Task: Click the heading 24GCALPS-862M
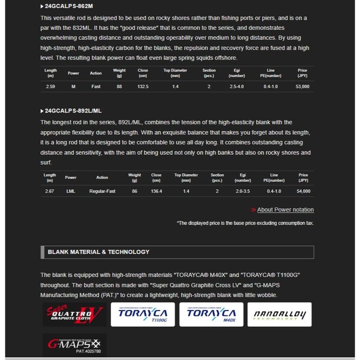[x=68, y=6]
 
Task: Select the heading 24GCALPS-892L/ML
[x=73, y=111]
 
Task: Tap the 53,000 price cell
[x=302, y=86]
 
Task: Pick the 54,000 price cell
[x=303, y=191]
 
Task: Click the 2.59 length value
[x=50, y=86]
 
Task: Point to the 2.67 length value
[x=50, y=191]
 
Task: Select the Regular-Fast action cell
[x=102, y=191]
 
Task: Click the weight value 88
[x=120, y=86]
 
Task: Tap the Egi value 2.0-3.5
[x=243, y=191]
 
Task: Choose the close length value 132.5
[x=143, y=86]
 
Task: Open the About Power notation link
[x=285, y=210]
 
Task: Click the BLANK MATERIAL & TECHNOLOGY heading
[x=99, y=252]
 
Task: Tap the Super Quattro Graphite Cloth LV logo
[x=74, y=314]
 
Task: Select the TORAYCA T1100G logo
[x=143, y=314]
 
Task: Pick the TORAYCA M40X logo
[x=211, y=314]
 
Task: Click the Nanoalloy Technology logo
[x=280, y=314]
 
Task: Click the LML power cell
[x=71, y=191]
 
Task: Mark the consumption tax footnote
[x=245, y=223]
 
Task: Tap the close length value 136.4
[x=156, y=191]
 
